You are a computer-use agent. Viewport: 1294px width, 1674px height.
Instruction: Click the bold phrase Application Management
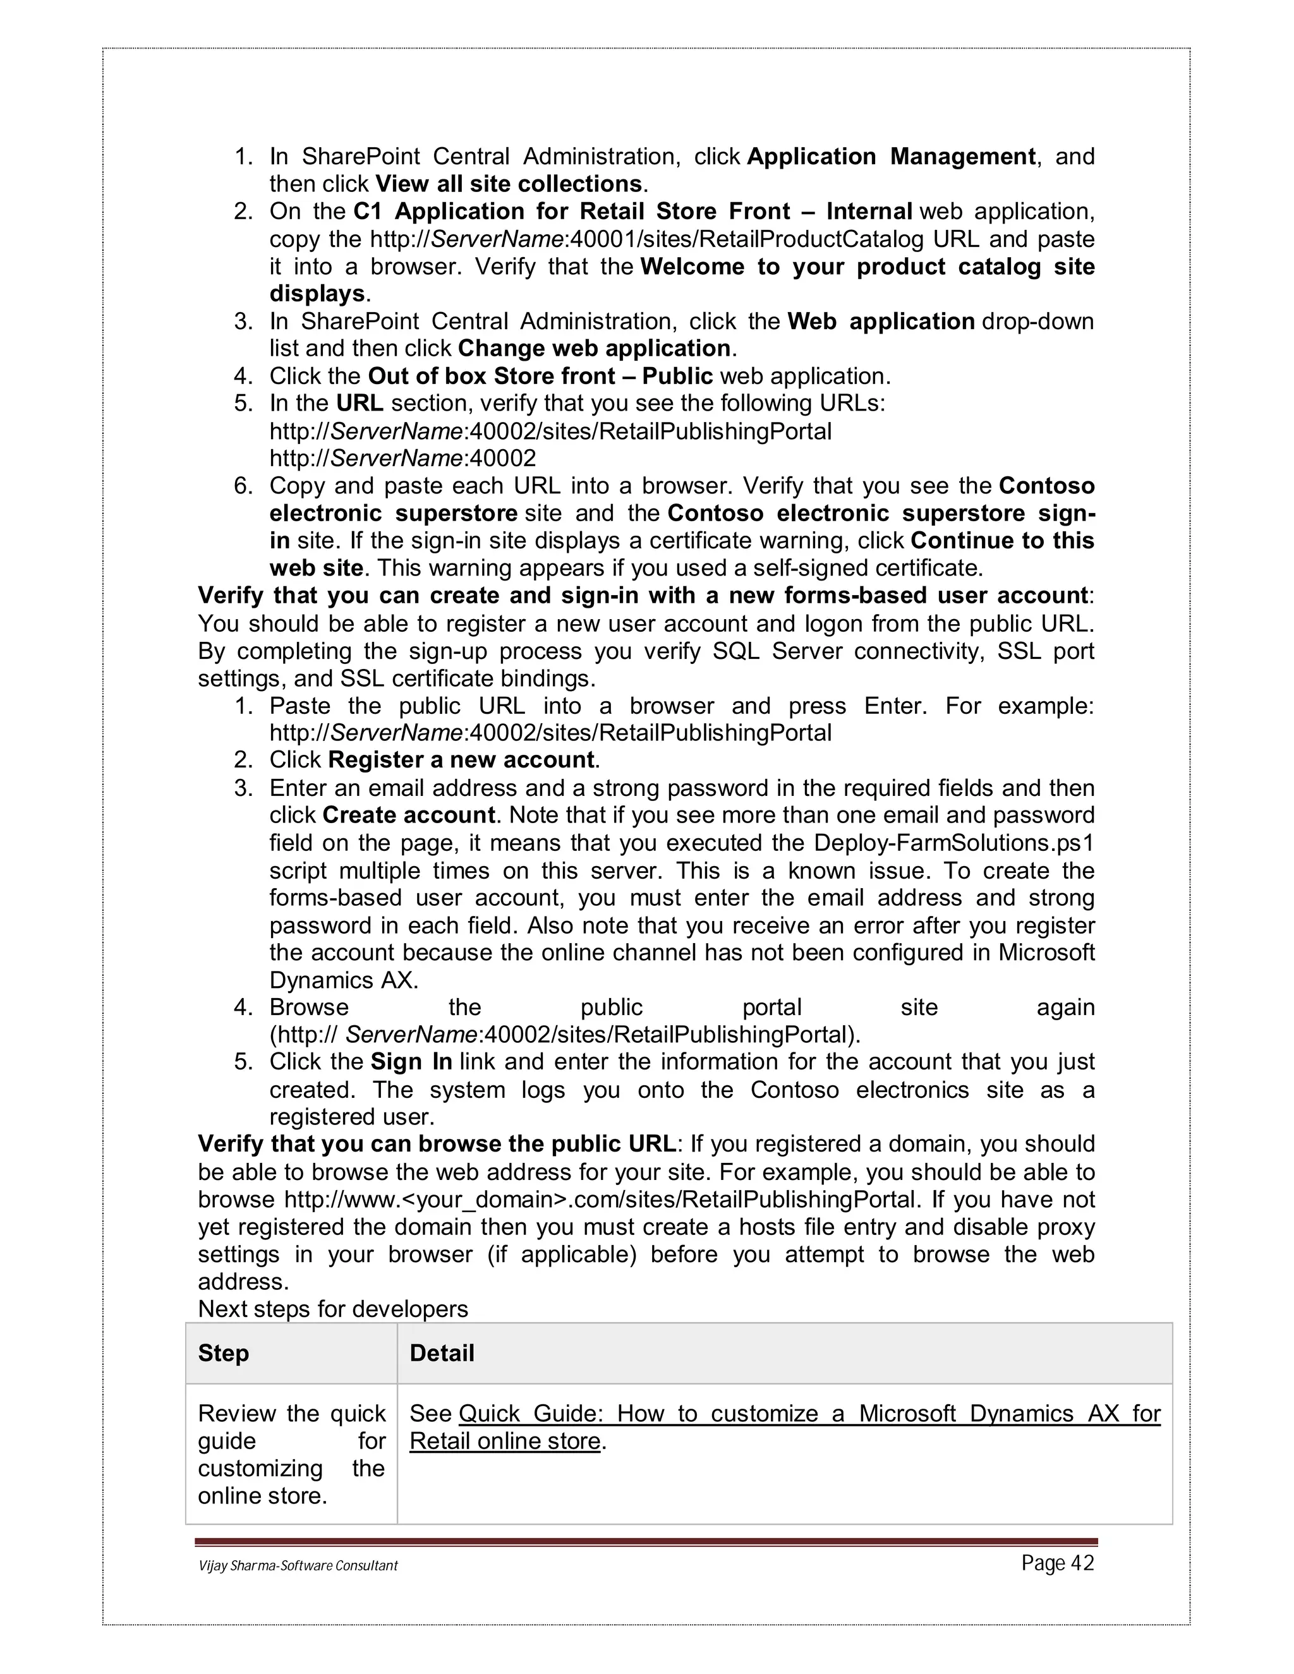coord(891,157)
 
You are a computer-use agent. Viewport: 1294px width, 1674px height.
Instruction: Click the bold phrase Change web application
coord(594,349)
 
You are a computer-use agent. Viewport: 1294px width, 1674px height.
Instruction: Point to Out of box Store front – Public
coord(540,376)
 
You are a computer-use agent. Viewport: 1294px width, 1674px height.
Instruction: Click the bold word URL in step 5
coord(360,403)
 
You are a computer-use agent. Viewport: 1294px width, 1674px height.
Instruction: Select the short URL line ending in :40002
coord(402,459)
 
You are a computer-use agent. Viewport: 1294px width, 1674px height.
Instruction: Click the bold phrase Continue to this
coord(1002,541)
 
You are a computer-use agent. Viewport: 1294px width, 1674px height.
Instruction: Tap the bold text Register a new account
coord(461,761)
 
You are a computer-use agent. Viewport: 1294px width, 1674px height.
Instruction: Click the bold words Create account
coord(409,815)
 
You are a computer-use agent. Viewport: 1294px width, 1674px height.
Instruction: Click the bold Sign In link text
coord(411,1063)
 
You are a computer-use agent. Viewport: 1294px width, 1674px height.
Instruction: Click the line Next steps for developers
coord(333,1309)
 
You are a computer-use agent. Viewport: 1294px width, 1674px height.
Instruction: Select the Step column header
coord(223,1354)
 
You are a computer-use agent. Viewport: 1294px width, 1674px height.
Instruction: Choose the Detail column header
coord(442,1354)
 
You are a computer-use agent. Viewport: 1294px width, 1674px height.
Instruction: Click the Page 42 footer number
coord(1057,1563)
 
